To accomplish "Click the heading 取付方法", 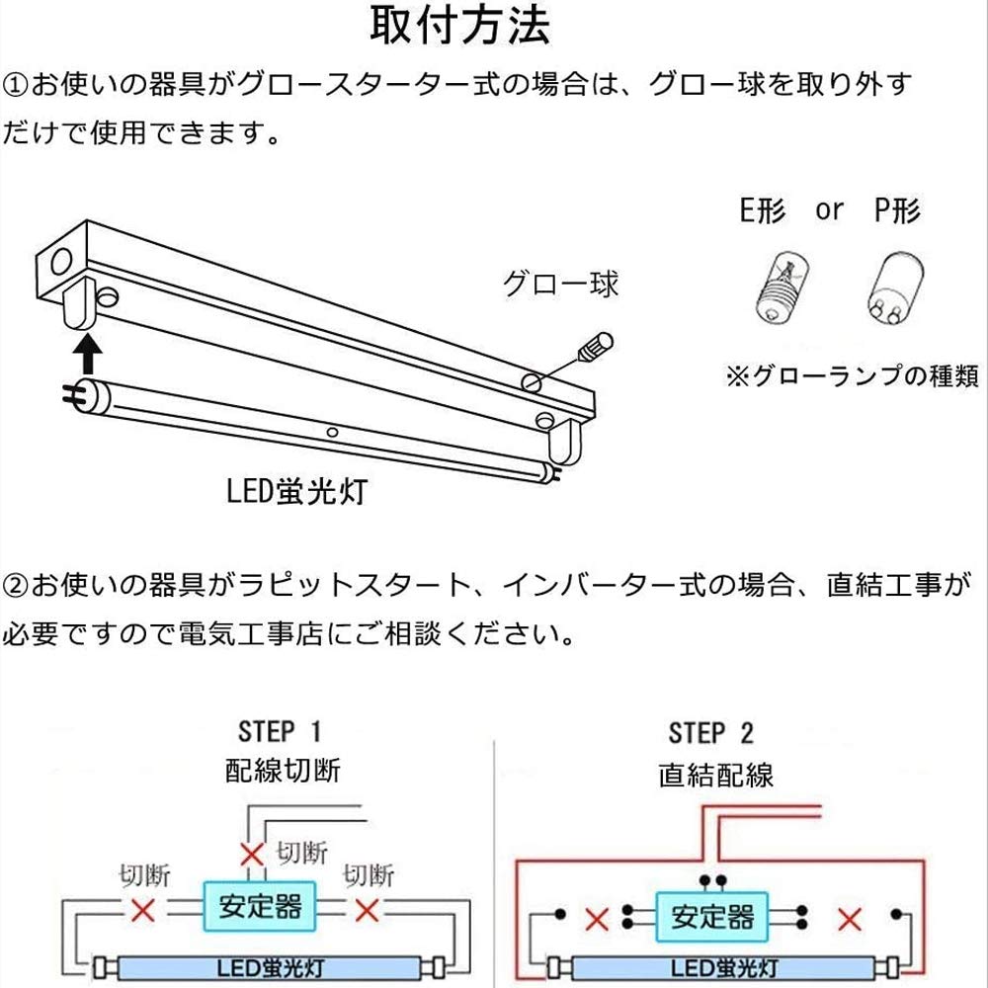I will pos(459,28).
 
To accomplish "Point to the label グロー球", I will pos(560,285).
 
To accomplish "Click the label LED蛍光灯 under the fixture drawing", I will pos(294,491).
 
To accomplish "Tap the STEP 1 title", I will pos(280,732).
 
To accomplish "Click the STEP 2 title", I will pos(710,733).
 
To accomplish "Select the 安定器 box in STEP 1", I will pos(261,906).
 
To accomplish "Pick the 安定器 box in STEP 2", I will pos(711,916).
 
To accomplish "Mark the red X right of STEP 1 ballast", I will pos(368,910).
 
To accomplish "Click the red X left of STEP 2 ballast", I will pos(596,921).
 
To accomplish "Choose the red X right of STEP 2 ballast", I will pos(850,921).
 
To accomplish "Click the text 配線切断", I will pos(282,771).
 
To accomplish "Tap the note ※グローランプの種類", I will pos(852,376).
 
